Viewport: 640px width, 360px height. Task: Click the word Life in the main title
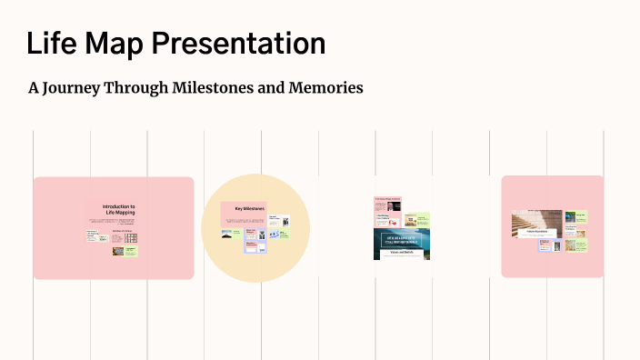pyautogui.click(x=51, y=44)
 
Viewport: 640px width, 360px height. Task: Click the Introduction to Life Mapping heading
pyautogui.click(x=119, y=210)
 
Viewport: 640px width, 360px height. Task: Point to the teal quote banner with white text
pyautogui.click(x=401, y=240)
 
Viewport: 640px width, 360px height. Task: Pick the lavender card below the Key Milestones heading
pyautogui.click(x=251, y=245)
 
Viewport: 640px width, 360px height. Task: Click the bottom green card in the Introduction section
pyautogui.click(x=130, y=250)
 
